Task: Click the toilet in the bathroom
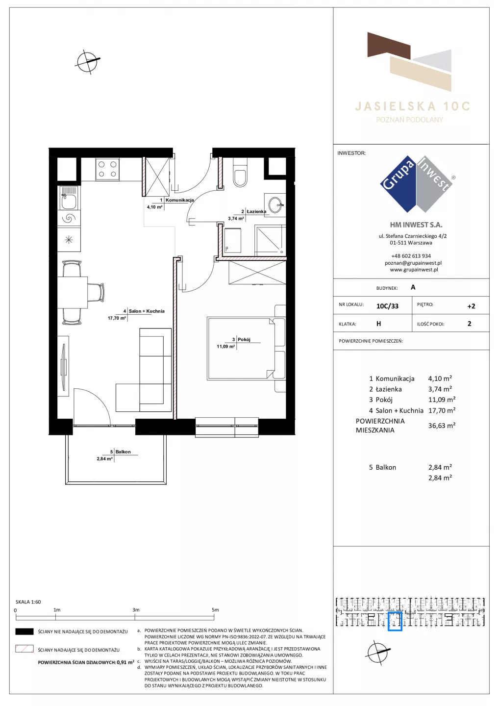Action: [240, 173]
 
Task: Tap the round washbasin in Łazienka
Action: [275, 205]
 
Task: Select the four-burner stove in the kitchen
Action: [107, 170]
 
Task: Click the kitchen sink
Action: [69, 198]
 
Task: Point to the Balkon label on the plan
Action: [123, 452]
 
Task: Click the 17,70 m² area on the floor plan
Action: [117, 318]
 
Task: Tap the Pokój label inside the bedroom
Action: [244, 339]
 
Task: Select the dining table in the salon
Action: [73, 292]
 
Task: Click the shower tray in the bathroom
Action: [270, 240]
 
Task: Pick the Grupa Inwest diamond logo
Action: [416, 184]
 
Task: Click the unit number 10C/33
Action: [387, 306]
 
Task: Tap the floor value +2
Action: [471, 306]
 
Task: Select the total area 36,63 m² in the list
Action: [442, 426]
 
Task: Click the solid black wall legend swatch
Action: [24, 631]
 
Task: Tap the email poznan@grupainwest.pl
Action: [413, 263]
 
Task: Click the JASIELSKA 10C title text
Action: [412, 106]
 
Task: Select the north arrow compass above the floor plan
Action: [88, 61]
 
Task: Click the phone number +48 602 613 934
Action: [411, 256]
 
